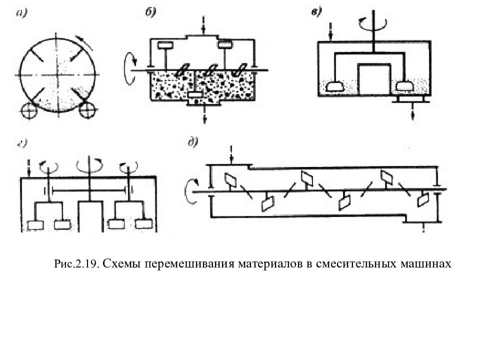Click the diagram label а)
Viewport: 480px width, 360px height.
pyautogui.click(x=21, y=13)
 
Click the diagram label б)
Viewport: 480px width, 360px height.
pyautogui.click(x=150, y=12)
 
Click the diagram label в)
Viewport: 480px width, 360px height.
pyautogui.click(x=316, y=12)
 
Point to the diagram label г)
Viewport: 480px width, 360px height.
pyautogui.click(x=22, y=143)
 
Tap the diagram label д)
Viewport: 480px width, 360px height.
pyautogui.click(x=193, y=141)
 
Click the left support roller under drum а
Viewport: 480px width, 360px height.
pyautogui.click(x=28, y=110)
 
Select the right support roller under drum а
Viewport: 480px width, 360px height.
pyautogui.click(x=87, y=110)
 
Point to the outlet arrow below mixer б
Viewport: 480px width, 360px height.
pyautogui.click(x=204, y=115)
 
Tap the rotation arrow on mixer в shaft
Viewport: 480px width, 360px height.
pyautogui.click(x=373, y=24)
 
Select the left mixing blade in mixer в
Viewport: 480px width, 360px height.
pyautogui.click(x=334, y=86)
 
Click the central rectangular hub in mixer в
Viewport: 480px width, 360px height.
pyautogui.click(x=374, y=79)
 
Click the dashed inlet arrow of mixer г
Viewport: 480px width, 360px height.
pyautogui.click(x=29, y=168)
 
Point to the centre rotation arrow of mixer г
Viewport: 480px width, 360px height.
pyautogui.click(x=89, y=165)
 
